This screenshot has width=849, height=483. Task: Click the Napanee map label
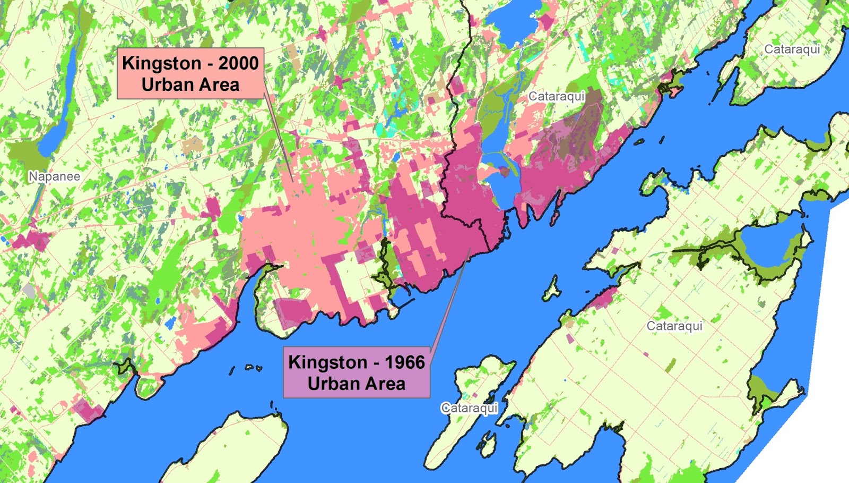point(54,176)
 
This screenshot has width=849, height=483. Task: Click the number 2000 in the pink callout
point(238,63)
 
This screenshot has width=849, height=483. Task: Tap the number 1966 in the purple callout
point(404,362)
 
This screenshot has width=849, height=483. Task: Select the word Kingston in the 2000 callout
point(161,63)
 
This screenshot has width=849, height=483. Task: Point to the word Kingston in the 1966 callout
point(327,362)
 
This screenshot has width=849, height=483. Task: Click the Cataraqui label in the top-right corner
point(792,49)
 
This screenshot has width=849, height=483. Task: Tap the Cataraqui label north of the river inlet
point(556,97)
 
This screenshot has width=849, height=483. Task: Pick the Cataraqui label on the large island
point(674,326)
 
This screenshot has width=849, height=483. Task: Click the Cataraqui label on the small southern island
point(469,408)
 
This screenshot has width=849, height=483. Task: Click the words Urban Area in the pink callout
point(190,85)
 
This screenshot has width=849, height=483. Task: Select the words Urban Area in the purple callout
point(356,384)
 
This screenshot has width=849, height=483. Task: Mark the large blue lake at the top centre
point(512,21)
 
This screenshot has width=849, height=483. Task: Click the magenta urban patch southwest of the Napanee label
point(32,240)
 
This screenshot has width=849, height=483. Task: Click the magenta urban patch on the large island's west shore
point(602,299)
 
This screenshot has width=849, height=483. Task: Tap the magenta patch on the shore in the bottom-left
point(88,410)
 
